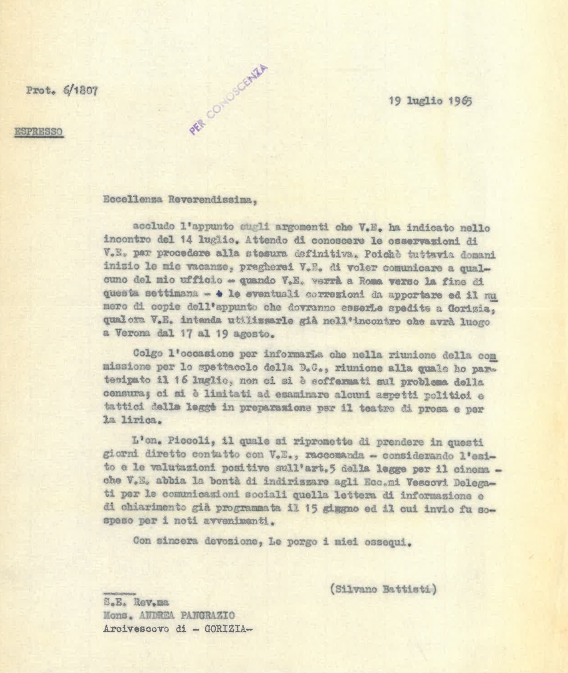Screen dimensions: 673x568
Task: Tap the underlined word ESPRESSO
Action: pos(39,133)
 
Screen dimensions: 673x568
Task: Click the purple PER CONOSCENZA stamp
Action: pos(228,100)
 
